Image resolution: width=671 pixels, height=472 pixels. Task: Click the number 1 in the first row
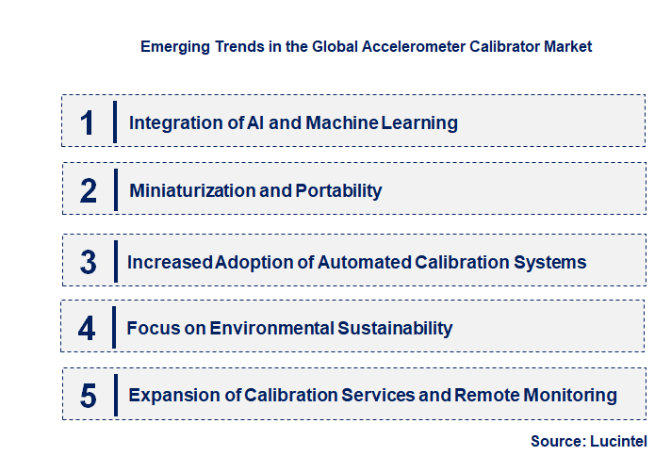pyautogui.click(x=88, y=122)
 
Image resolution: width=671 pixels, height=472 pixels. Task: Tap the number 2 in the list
pyautogui.click(x=89, y=190)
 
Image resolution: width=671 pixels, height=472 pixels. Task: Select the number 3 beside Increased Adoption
pyautogui.click(x=89, y=262)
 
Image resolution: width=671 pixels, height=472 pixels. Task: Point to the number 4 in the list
pyautogui.click(x=88, y=328)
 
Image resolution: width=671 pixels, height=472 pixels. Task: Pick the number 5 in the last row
pyautogui.click(x=89, y=396)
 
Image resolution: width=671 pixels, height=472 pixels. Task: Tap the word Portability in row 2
pyautogui.click(x=338, y=190)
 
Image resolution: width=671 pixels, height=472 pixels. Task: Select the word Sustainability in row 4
pyautogui.click(x=397, y=328)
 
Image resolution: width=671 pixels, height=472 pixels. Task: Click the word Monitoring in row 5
pyautogui.click(x=574, y=395)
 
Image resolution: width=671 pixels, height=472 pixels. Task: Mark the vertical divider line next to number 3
pyautogui.click(x=114, y=261)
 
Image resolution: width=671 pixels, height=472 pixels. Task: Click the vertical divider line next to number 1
pyautogui.click(x=114, y=122)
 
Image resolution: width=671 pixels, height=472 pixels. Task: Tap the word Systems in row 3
pyautogui.click(x=552, y=262)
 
